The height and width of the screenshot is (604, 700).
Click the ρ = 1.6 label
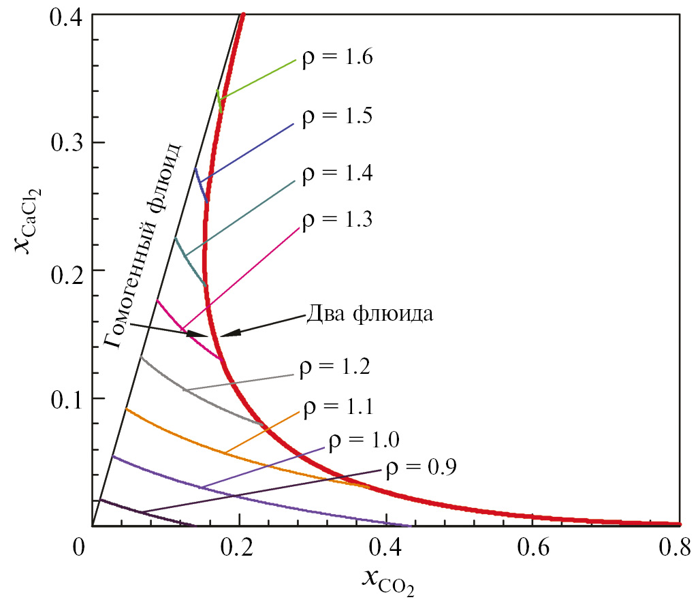coord(336,57)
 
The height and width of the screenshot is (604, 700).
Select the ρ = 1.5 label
coord(336,116)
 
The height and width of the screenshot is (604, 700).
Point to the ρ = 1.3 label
coord(336,220)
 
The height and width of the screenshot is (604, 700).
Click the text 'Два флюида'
coord(368,315)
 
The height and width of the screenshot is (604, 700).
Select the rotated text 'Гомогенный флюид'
coord(144,244)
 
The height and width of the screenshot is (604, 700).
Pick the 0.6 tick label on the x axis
coord(532,547)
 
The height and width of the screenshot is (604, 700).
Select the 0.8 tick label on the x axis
coord(678,547)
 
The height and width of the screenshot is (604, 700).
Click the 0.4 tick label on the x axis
coord(385,547)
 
